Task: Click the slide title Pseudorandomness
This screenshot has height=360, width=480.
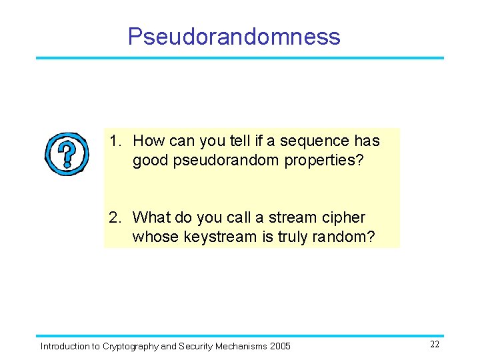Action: tap(234, 36)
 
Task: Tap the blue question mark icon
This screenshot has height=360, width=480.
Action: tap(66, 153)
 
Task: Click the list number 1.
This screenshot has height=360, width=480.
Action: tap(115, 141)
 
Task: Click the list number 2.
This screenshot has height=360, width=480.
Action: tap(115, 217)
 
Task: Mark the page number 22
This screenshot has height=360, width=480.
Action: tap(434, 344)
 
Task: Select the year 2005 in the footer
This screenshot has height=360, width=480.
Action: tap(280, 346)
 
